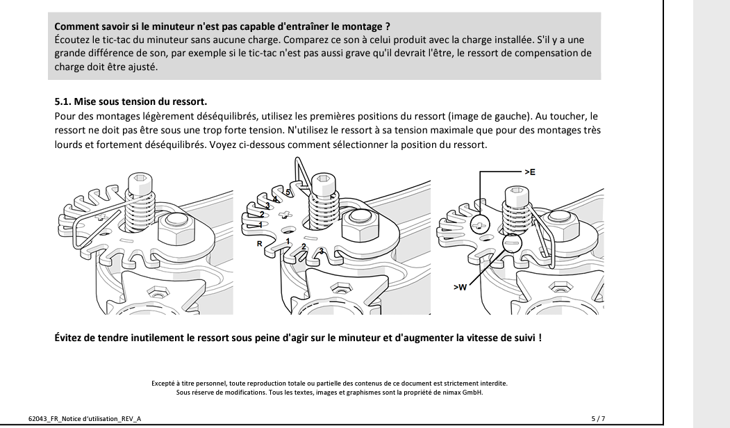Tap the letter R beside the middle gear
point(259,244)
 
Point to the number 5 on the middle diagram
point(287,191)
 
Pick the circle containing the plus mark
point(479,225)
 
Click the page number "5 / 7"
point(597,418)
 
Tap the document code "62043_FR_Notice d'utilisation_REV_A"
point(87,418)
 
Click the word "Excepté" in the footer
point(163,383)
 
